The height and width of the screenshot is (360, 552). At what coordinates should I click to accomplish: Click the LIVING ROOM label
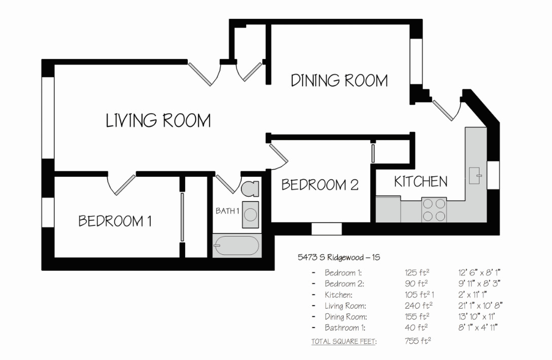(x=158, y=120)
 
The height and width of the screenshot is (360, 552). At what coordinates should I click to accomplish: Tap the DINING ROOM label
(x=339, y=80)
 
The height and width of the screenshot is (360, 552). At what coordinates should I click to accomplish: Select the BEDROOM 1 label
(x=115, y=221)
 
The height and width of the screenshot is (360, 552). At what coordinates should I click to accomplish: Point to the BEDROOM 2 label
(x=320, y=185)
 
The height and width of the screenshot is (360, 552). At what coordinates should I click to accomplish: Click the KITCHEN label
(x=421, y=182)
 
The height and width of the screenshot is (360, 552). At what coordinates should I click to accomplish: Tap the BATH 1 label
(x=227, y=211)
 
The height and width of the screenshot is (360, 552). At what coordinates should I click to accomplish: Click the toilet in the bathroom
(x=250, y=189)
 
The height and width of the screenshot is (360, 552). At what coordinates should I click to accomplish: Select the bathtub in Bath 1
(x=237, y=245)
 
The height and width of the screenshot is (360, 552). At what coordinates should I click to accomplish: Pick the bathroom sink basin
(x=251, y=214)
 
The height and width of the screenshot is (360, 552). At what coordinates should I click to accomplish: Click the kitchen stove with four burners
(x=434, y=210)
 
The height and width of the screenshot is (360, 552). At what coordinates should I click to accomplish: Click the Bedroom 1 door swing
(x=121, y=184)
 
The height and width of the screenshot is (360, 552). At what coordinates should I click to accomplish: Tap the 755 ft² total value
(x=418, y=341)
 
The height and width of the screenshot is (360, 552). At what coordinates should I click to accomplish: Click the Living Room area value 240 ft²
(x=419, y=305)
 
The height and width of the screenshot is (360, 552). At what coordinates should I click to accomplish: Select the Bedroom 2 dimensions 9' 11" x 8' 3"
(x=479, y=283)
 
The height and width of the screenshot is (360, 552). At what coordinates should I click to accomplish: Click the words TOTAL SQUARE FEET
(x=343, y=341)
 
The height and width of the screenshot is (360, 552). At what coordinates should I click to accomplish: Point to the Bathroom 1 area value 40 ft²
(x=416, y=327)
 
